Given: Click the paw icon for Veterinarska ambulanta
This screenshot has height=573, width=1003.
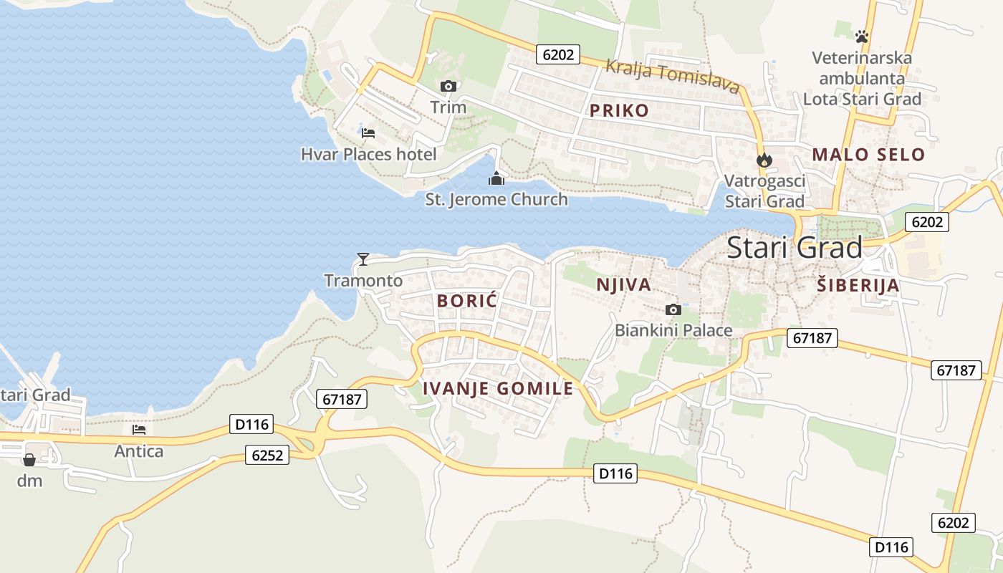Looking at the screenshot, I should [862, 35].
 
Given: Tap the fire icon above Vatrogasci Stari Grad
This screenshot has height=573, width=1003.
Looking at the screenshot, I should [764, 160].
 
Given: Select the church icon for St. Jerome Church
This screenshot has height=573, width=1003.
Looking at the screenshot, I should [496, 178].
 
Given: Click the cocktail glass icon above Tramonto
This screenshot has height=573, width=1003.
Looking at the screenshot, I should [363, 259].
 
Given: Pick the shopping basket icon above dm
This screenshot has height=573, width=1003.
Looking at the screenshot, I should [29, 459].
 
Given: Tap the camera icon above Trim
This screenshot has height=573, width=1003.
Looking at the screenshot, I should [448, 87].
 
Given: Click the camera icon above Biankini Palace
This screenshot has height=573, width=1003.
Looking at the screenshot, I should [673, 309].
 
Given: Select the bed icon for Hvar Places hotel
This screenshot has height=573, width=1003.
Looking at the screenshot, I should [368, 133].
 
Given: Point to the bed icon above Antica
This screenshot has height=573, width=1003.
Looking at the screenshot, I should [139, 430].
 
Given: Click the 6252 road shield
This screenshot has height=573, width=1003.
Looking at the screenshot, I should [267, 455].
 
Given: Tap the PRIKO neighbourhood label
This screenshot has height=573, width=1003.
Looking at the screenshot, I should [619, 110].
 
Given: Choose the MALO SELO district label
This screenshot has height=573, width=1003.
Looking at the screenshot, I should [868, 154].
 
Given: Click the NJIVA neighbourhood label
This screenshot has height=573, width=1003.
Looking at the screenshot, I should [623, 284].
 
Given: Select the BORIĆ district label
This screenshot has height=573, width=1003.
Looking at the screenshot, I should [467, 301].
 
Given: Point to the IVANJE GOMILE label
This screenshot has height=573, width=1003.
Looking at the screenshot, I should [498, 388].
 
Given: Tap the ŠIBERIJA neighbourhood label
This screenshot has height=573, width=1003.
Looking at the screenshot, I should [858, 285].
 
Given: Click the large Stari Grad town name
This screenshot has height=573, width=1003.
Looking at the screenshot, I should [794, 248].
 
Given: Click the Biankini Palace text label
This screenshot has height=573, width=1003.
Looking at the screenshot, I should [673, 330].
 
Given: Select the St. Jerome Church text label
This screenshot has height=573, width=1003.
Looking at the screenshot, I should [496, 199].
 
